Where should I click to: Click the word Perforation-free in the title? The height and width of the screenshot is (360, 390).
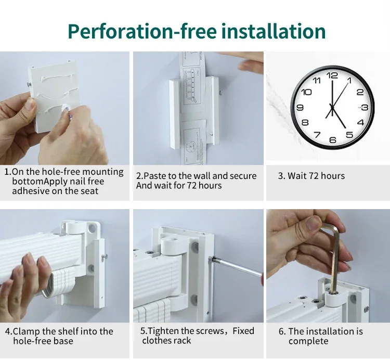point(142,31)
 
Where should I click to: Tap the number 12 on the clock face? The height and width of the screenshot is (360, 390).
point(332,75)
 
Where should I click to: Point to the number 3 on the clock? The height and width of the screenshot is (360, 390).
point(365,108)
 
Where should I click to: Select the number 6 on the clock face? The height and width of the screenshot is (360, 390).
point(333,140)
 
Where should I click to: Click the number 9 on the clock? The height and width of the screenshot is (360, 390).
point(300,108)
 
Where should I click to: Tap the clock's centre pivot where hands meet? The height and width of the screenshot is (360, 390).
point(332,108)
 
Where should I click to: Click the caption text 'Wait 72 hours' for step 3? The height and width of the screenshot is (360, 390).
point(316,176)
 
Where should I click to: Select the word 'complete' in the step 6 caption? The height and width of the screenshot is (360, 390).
point(308,341)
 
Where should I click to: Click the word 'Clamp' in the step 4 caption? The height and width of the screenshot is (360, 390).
point(27,331)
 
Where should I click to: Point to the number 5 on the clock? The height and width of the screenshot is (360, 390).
point(349,135)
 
